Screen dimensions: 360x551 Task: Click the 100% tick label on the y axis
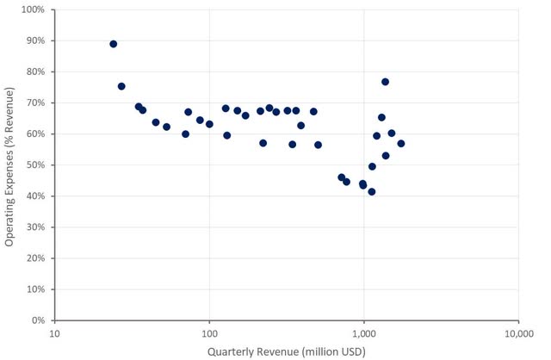pos(33,9)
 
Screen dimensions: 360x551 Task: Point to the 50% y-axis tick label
pos(35,165)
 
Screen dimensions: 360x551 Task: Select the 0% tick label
pos(38,320)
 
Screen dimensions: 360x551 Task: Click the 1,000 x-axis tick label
pos(364,332)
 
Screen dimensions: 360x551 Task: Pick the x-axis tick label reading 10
pos(55,332)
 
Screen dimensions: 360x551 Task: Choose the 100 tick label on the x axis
pos(209,332)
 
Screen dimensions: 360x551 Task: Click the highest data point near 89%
pos(114,44)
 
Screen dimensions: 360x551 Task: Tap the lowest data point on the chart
pos(372,191)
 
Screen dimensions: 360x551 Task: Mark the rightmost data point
pos(401,143)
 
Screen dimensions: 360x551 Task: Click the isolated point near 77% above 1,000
pos(386,82)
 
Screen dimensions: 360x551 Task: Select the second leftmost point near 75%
pos(121,86)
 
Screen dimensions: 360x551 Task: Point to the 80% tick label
pos(35,71)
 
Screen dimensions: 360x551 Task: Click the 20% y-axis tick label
pos(35,258)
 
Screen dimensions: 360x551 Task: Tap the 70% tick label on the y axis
pos(35,102)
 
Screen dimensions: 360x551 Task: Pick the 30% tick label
pos(35,227)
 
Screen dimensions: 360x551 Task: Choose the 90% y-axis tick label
pos(35,40)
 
